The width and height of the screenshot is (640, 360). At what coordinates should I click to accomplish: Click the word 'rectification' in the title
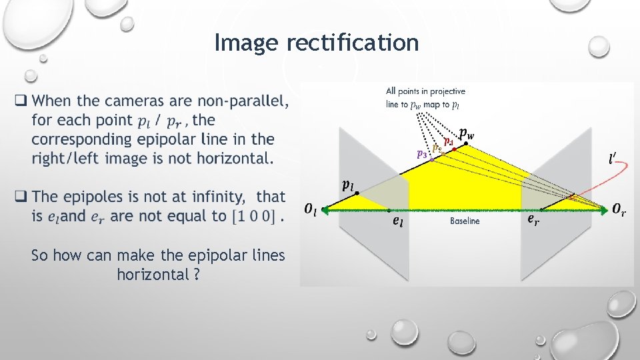click(x=352, y=43)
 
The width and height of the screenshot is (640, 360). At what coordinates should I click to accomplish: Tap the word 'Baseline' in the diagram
click(x=465, y=221)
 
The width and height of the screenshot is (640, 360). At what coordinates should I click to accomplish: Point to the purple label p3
click(x=421, y=154)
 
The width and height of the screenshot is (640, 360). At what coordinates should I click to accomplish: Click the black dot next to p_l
click(x=357, y=193)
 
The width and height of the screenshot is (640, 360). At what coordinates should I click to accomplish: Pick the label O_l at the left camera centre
click(x=310, y=209)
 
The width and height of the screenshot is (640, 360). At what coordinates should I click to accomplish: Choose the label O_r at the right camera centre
click(x=619, y=209)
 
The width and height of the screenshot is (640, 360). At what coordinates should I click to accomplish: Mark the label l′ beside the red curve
click(x=612, y=159)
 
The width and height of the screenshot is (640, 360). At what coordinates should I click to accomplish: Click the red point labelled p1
click(x=455, y=149)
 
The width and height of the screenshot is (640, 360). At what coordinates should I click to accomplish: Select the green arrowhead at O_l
click(x=323, y=209)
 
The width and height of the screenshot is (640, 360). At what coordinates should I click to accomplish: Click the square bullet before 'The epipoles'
click(x=21, y=197)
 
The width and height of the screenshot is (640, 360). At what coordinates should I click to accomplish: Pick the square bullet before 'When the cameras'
click(x=21, y=101)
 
